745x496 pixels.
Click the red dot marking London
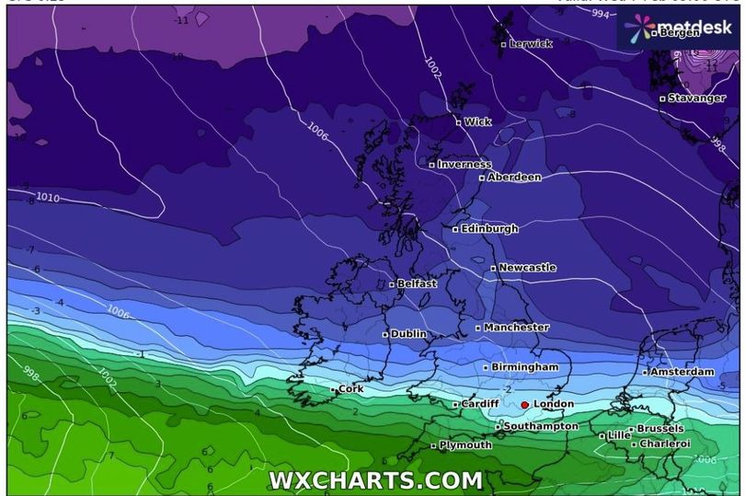524,404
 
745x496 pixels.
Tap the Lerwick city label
530,43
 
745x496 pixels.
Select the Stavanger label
695,98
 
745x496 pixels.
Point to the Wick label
477,121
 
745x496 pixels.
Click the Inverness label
464,165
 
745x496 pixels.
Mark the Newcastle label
527,268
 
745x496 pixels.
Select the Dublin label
407,334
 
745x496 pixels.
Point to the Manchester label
516,328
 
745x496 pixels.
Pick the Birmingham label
524,367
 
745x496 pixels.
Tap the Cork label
350,389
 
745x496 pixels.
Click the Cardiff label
480,404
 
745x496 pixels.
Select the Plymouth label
465,445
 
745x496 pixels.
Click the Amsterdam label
682,372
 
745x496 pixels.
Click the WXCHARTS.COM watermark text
375,479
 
